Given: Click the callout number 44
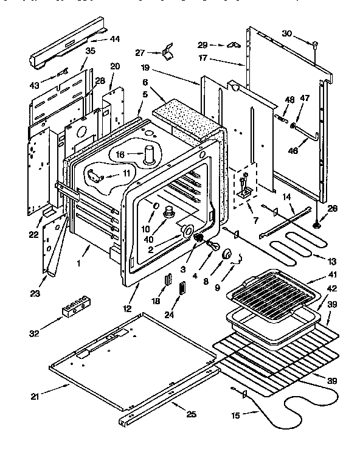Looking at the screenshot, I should [114, 39].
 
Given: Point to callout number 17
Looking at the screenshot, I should [203, 59].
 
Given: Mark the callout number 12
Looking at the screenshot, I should [126, 308].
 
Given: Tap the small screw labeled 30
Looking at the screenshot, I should [315, 44].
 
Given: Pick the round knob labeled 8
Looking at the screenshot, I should [229, 254].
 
